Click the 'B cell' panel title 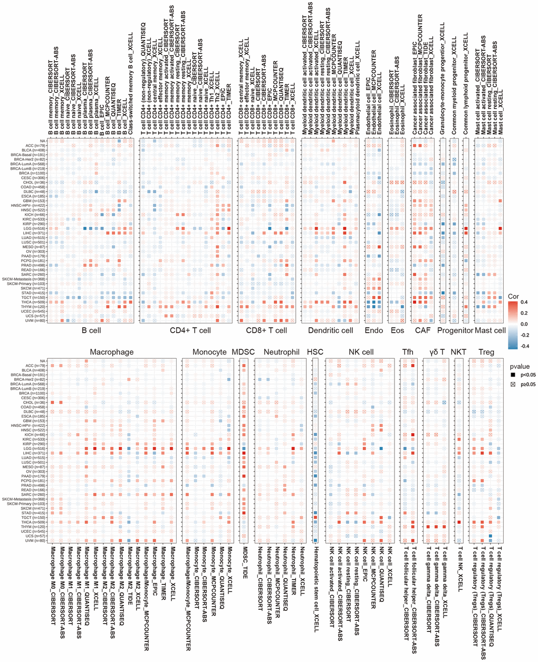click(91, 331)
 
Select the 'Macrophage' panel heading click(111, 351)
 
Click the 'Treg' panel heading click(486, 351)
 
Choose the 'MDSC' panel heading click(243, 351)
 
